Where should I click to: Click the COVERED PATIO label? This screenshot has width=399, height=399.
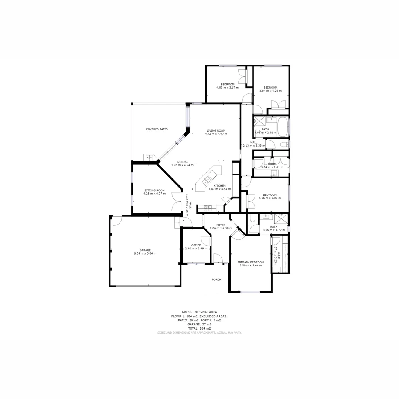pyautogui.click(x=157, y=129)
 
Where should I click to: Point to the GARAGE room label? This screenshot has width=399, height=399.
pyautogui.click(x=145, y=250)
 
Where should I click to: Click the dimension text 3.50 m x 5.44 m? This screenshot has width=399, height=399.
pyautogui.click(x=250, y=265)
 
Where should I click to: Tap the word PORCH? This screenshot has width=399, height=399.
pyautogui.click(x=216, y=280)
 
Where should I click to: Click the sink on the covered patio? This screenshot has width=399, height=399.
pyautogui.click(x=149, y=157)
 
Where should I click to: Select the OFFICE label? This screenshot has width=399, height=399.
pyautogui.click(x=196, y=245)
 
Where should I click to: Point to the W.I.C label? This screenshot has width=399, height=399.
pyautogui.click(x=279, y=255)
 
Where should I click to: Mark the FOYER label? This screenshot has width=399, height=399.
pyautogui.click(x=221, y=225)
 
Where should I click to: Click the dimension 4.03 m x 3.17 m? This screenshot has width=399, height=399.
pyautogui.click(x=228, y=88)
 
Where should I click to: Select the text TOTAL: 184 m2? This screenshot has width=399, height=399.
pyautogui.click(x=199, y=328)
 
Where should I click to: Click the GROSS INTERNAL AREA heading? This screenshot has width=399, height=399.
pyautogui.click(x=199, y=312)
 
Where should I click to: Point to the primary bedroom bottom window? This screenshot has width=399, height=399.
pyautogui.click(x=250, y=292)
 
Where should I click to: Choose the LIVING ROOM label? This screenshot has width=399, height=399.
pyautogui.click(x=216, y=130)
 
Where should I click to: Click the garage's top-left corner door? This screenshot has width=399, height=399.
pyautogui.click(x=117, y=220)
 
